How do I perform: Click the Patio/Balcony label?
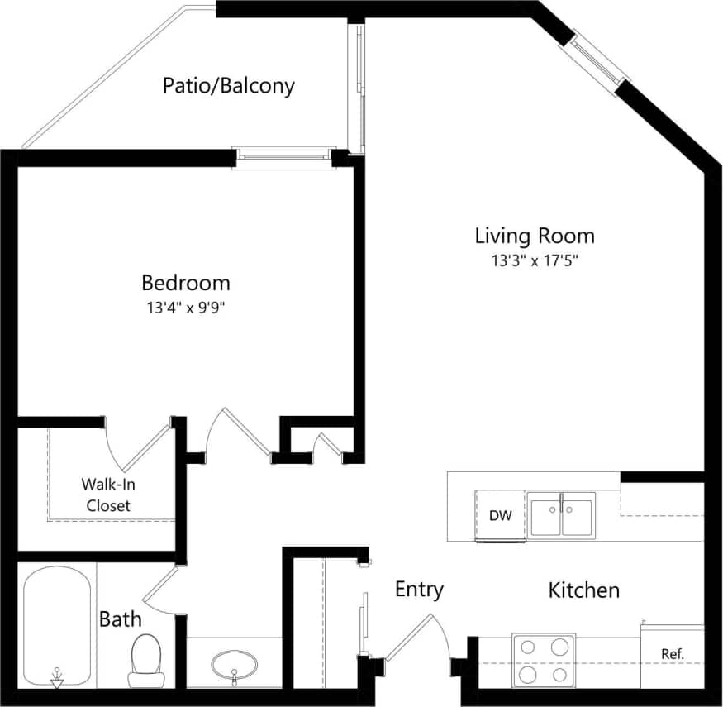point(228,86)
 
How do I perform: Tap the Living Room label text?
point(534,236)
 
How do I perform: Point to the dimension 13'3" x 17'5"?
point(534,261)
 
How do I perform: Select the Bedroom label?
point(186,283)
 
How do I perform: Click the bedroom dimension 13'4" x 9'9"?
point(186,308)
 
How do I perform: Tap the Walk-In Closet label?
point(108,494)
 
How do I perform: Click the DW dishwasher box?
point(500,516)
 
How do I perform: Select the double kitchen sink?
point(562,514)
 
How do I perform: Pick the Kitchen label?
point(584,590)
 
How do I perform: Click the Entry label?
point(419,589)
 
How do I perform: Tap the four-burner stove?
point(544,659)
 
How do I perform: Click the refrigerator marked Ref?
point(673,654)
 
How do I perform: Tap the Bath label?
point(120,619)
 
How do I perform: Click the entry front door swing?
point(420,638)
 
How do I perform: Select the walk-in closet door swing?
point(136,442)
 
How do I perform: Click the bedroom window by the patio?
point(284,157)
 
